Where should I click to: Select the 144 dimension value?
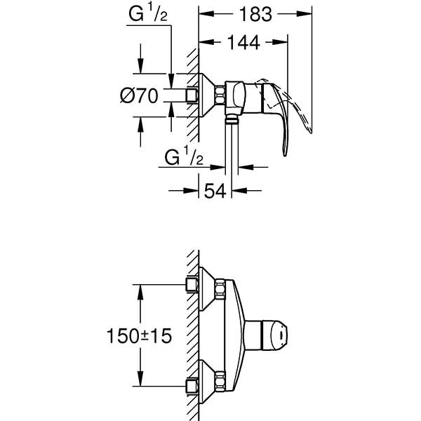point(243,44)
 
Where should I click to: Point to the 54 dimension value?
point(214,190)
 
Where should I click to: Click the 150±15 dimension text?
point(139,337)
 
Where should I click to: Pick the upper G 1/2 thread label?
point(147,13)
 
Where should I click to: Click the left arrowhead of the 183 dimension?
point(203,13)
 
